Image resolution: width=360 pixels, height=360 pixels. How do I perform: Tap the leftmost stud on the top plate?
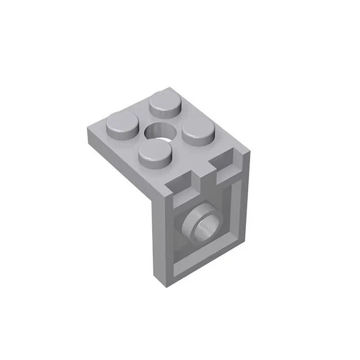122,123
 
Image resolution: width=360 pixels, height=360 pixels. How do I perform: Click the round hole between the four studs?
160,130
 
